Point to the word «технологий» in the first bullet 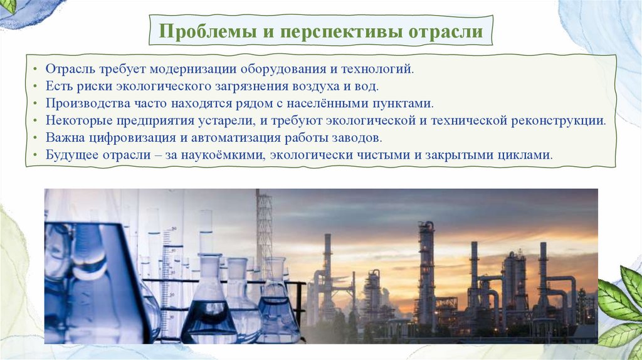coord(383,66)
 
